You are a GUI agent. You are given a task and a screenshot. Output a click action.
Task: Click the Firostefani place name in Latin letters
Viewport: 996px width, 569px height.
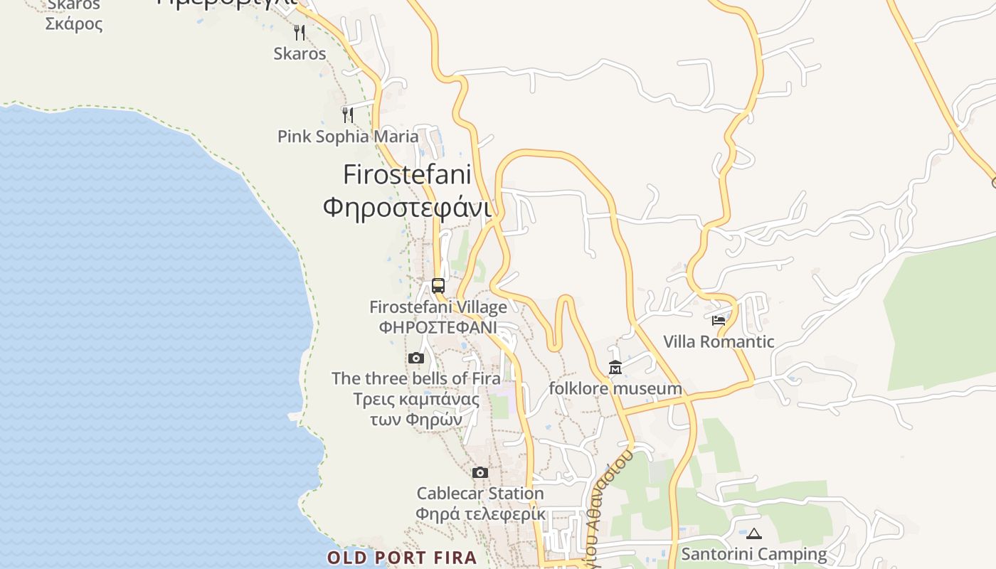coord(407,174)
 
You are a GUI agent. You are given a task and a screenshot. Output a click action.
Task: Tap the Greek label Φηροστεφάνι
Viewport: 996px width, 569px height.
coord(407,208)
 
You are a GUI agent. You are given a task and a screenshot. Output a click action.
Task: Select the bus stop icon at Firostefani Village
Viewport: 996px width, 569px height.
coord(438,286)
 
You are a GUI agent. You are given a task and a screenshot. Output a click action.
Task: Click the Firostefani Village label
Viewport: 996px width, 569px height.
coord(438,307)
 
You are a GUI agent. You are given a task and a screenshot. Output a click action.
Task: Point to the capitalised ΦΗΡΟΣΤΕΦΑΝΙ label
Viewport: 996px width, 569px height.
coord(438,327)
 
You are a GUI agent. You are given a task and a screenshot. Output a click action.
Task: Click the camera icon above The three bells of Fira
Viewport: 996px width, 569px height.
coord(416,358)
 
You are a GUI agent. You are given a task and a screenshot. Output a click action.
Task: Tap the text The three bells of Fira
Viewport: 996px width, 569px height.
coord(416,378)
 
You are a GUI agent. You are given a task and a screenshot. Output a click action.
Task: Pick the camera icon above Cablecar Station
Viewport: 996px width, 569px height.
coord(480,472)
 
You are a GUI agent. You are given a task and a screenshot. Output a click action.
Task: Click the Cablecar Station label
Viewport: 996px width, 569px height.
coord(480,494)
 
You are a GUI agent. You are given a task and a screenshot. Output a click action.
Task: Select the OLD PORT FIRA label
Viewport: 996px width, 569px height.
coord(402,558)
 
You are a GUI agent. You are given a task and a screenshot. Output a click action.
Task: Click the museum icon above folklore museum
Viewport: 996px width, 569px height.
coord(615,368)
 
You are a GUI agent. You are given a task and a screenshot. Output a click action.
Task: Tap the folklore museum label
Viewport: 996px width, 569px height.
coord(615,389)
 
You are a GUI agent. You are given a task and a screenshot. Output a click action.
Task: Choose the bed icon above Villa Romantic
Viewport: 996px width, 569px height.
coord(719,321)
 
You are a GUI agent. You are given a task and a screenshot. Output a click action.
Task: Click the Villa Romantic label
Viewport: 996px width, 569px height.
coord(719,341)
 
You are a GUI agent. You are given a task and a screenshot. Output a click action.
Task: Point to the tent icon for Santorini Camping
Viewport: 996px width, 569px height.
coord(754,533)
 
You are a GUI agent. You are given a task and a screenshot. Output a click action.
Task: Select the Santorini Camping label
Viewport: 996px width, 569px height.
coord(754,554)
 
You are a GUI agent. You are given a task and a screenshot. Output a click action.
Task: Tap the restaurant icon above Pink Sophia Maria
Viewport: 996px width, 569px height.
coord(348,115)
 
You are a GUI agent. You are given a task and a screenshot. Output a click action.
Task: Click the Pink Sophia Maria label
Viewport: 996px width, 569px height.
coord(348,137)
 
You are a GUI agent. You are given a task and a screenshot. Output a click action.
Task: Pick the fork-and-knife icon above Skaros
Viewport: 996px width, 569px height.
coord(300,32)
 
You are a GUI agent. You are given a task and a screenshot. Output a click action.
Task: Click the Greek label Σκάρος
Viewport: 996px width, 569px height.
coord(74,24)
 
